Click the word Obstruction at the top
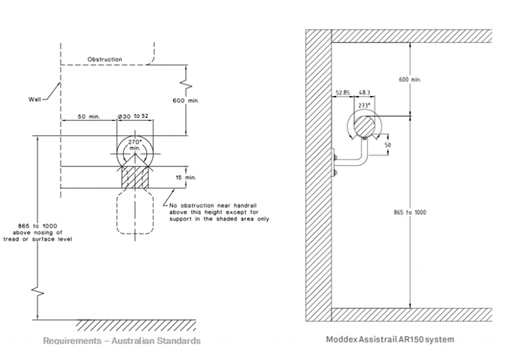(104, 59)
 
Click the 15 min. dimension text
(186, 178)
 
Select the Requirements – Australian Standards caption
(122, 341)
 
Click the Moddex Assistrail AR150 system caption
(390, 339)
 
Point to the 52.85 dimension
(343, 94)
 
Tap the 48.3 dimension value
(364, 94)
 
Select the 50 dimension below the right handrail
(388, 144)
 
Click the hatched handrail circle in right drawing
(364, 124)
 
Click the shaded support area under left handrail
(135, 178)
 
